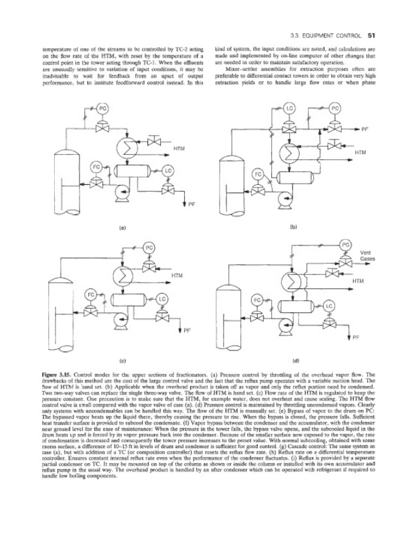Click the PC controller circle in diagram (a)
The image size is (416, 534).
(103, 108)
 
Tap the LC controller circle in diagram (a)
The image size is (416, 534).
(167, 171)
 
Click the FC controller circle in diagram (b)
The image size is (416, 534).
(255, 174)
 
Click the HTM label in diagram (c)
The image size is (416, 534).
(178, 275)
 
